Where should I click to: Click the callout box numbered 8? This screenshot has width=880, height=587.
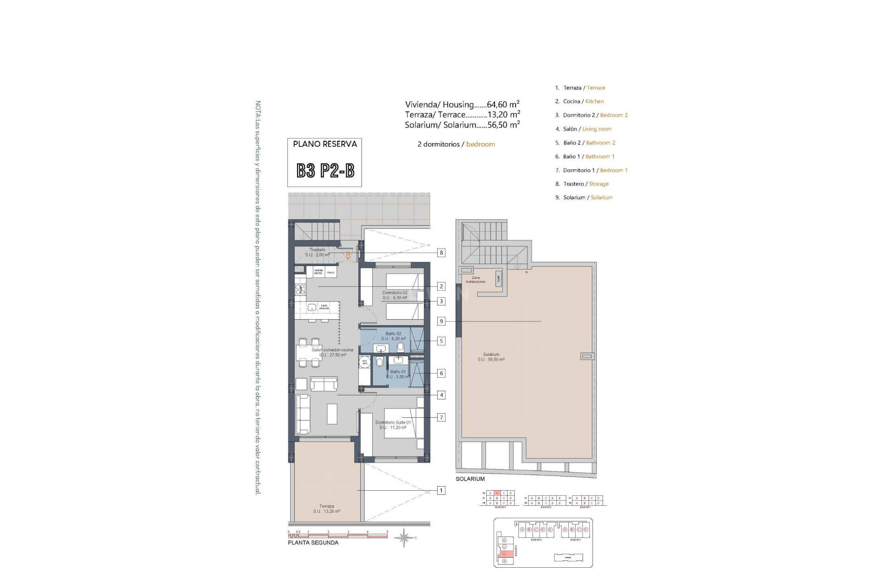point(441,253)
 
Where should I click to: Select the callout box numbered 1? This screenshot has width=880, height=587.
point(441,491)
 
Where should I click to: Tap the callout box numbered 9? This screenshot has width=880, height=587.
point(441,321)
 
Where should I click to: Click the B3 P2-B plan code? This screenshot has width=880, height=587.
point(325,171)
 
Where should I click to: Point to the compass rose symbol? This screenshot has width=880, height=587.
point(404,537)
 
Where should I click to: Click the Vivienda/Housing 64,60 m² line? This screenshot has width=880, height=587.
point(462,105)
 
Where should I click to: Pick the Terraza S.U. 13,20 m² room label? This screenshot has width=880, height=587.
point(326,509)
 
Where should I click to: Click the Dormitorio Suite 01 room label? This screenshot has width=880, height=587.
point(393,425)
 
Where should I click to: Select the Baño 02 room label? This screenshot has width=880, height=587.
point(393,336)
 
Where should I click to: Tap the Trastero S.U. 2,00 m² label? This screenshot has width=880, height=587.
point(317,252)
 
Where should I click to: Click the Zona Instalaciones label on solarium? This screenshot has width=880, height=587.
point(476,280)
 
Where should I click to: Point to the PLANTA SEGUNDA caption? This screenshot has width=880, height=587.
point(313,543)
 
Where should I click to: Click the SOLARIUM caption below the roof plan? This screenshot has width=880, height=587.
point(470,479)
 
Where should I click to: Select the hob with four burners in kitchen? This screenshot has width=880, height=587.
point(300,289)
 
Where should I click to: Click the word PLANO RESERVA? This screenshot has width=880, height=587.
point(325,144)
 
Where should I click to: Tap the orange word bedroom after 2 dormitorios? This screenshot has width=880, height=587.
point(480,144)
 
